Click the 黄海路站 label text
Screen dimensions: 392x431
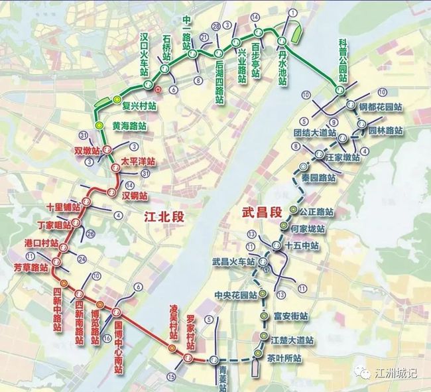(x=129, y=125)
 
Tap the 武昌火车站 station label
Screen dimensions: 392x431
(x=233, y=261)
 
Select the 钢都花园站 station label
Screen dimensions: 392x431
(x=381, y=106)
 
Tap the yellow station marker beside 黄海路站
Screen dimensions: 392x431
(x=99, y=125)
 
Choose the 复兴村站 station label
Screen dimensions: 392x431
(x=138, y=105)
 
